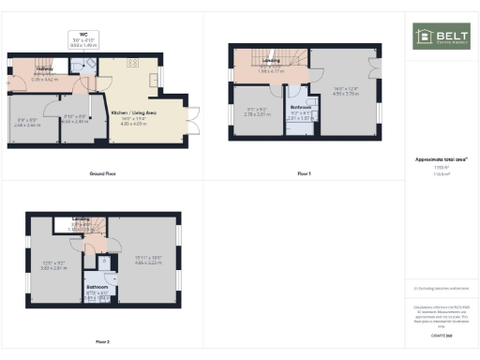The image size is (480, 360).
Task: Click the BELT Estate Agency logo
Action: pyautogui.click(x=440, y=37)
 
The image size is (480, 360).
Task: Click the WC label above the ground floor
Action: pyautogui.click(x=83, y=35)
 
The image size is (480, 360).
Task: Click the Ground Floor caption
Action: pyautogui.click(x=102, y=174)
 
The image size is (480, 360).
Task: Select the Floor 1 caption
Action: pyautogui.click(x=304, y=174)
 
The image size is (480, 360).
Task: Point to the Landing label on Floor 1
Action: pyautogui.click(x=272, y=62)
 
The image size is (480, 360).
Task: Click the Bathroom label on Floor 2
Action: pyautogui.click(x=97, y=286)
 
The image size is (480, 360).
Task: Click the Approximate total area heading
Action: pyautogui.click(x=441, y=160)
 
